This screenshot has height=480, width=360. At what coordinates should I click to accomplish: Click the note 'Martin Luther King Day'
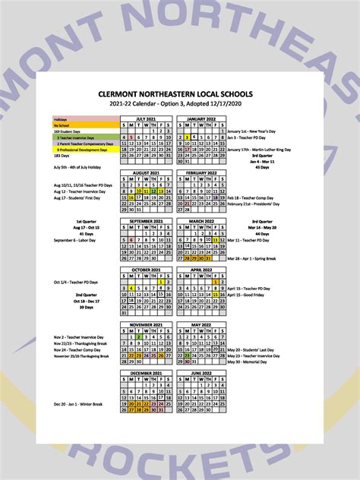tap(259, 150)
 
